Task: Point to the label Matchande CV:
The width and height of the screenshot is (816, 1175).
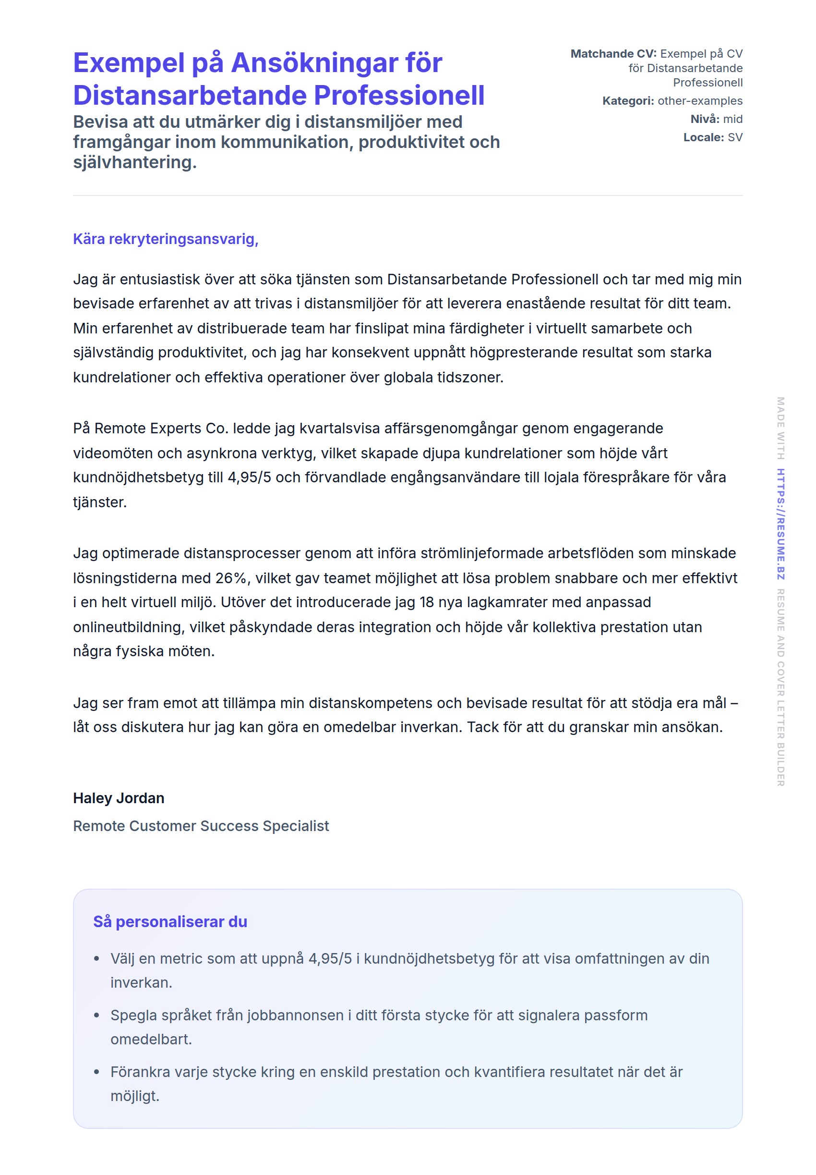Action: pos(613,54)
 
